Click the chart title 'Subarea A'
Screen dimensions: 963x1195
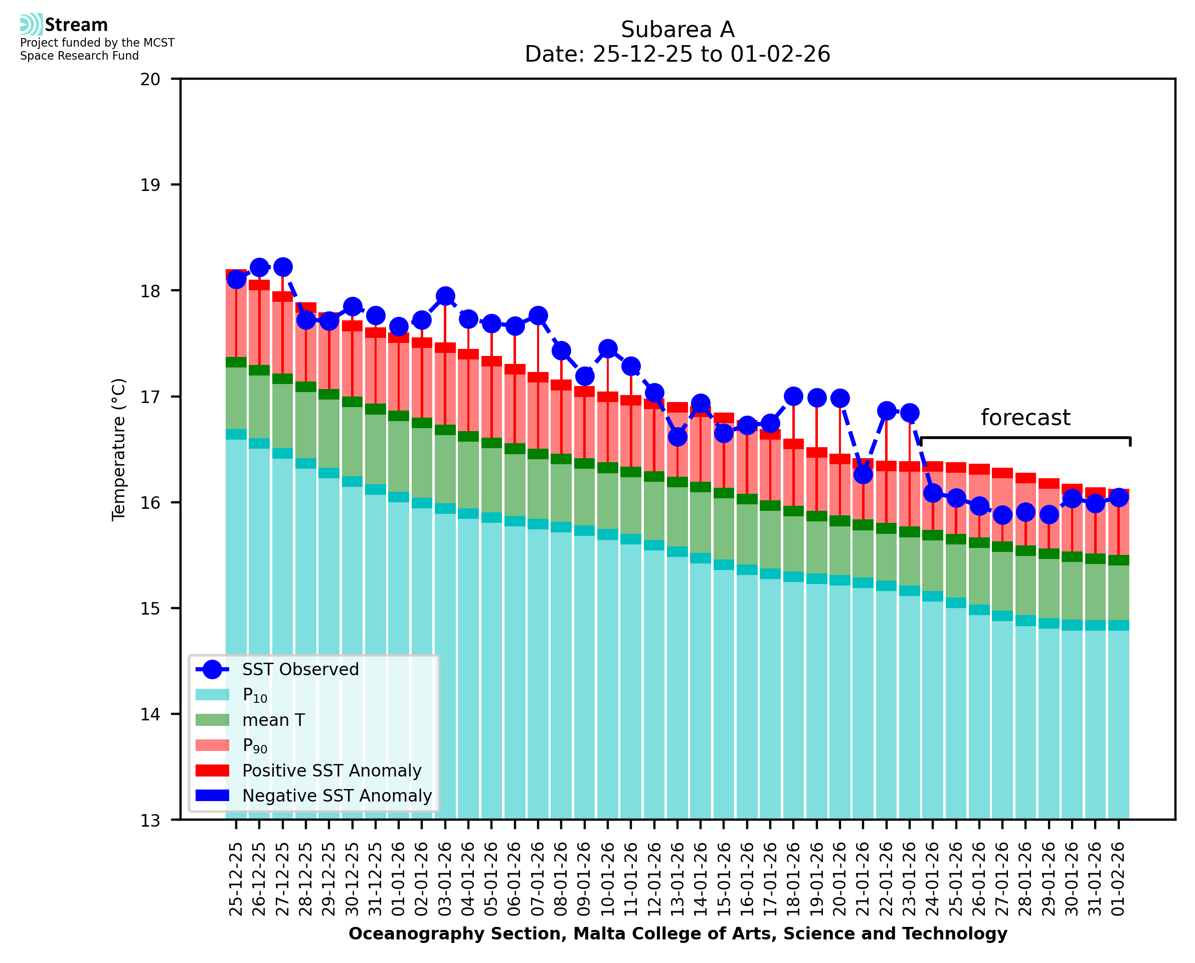pos(677,30)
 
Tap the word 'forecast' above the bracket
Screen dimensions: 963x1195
pos(1025,418)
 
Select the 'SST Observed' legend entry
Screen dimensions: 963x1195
pos(300,670)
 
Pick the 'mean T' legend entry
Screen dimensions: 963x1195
pos(273,720)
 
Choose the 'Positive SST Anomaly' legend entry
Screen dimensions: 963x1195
pos(332,771)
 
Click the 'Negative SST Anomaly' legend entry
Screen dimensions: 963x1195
pos(337,796)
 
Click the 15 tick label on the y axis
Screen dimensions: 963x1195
pos(150,609)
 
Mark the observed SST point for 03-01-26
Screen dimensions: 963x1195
pos(445,296)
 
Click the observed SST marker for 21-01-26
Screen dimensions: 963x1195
pos(863,474)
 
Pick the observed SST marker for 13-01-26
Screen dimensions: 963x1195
pos(677,437)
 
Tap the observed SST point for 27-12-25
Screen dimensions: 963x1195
pos(283,267)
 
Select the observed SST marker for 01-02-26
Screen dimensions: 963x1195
pos(1119,497)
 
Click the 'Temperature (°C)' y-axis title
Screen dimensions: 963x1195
pos(119,449)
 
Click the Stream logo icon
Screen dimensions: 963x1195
pos(31,25)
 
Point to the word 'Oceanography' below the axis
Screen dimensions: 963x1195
pos(408,933)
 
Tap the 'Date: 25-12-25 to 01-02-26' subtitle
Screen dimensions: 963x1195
pos(677,54)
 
